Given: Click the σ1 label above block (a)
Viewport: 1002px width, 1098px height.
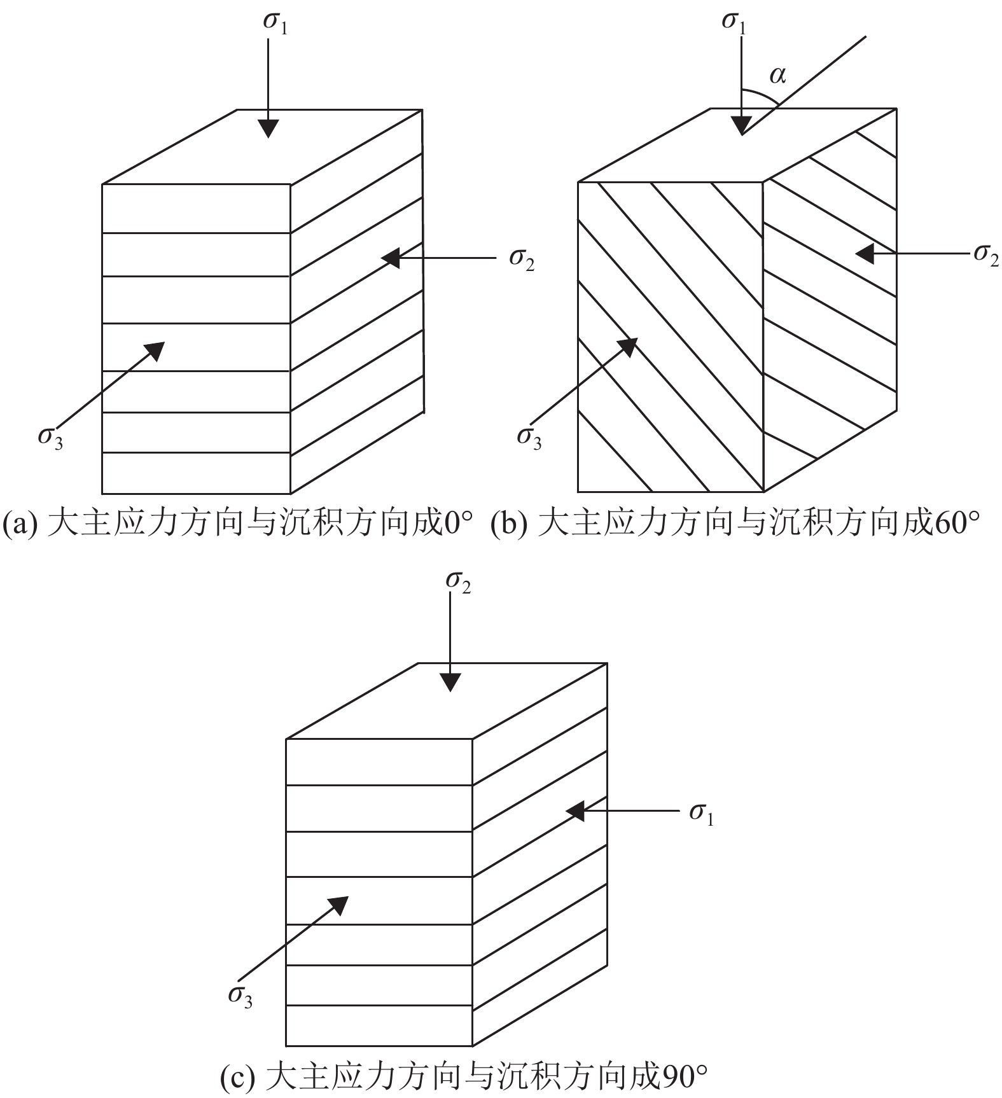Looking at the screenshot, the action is tap(275, 23).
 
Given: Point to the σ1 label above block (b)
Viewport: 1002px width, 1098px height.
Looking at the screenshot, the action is tap(734, 23).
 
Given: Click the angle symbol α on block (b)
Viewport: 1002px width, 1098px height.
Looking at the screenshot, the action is tap(777, 76).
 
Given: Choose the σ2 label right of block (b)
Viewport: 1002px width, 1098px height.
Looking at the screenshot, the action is tap(985, 254).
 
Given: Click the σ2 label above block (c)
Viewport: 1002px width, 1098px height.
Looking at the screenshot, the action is tap(458, 582).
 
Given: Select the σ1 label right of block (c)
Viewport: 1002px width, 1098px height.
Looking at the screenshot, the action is tap(701, 814).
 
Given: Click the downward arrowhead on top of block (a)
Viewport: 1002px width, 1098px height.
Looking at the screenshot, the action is tap(269, 129).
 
